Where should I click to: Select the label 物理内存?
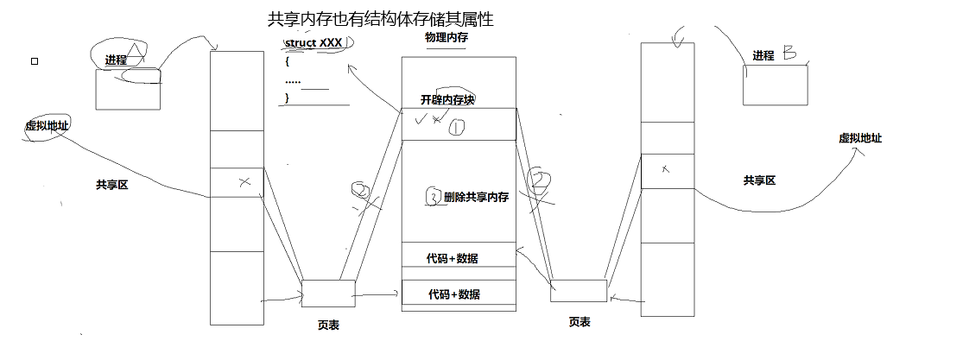(x=446, y=38)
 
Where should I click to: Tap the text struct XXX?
(x=313, y=42)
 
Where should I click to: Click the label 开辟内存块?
(x=447, y=99)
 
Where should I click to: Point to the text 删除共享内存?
(x=475, y=197)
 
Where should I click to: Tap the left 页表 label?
(x=328, y=325)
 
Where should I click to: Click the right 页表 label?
(x=579, y=321)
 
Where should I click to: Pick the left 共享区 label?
(x=111, y=184)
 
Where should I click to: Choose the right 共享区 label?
(x=759, y=180)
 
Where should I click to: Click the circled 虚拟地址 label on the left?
(x=47, y=126)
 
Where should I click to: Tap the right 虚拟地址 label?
(x=859, y=138)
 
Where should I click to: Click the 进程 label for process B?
(x=763, y=56)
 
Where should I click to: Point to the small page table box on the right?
(x=579, y=291)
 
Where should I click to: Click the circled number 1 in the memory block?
(x=457, y=128)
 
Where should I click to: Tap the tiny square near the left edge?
(x=35, y=61)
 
